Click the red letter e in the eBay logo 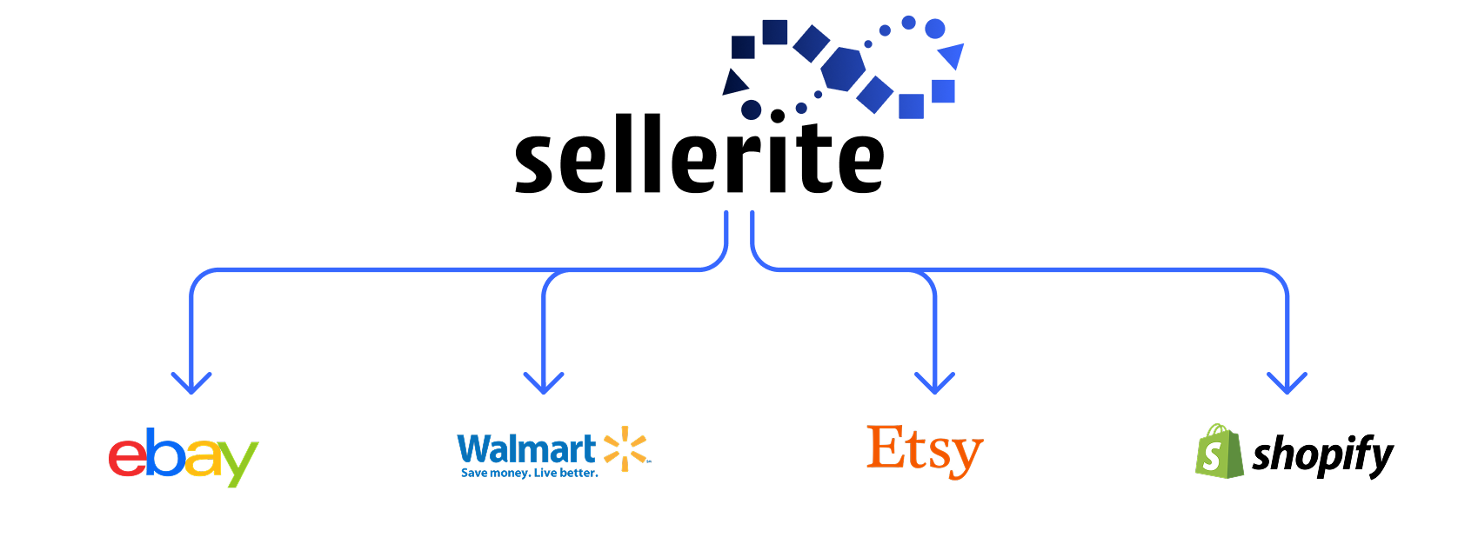(127, 458)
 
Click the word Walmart (526, 449)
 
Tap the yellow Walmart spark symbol (625, 449)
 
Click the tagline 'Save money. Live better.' (529, 474)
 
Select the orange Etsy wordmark (925, 450)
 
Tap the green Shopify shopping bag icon (1218, 451)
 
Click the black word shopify (1322, 455)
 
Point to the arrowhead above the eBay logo (191, 381)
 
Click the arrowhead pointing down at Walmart (544, 381)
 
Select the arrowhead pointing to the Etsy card (934, 381)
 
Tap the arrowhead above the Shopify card (1287, 381)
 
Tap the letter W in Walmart (475, 449)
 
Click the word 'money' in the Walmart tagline (509, 474)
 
